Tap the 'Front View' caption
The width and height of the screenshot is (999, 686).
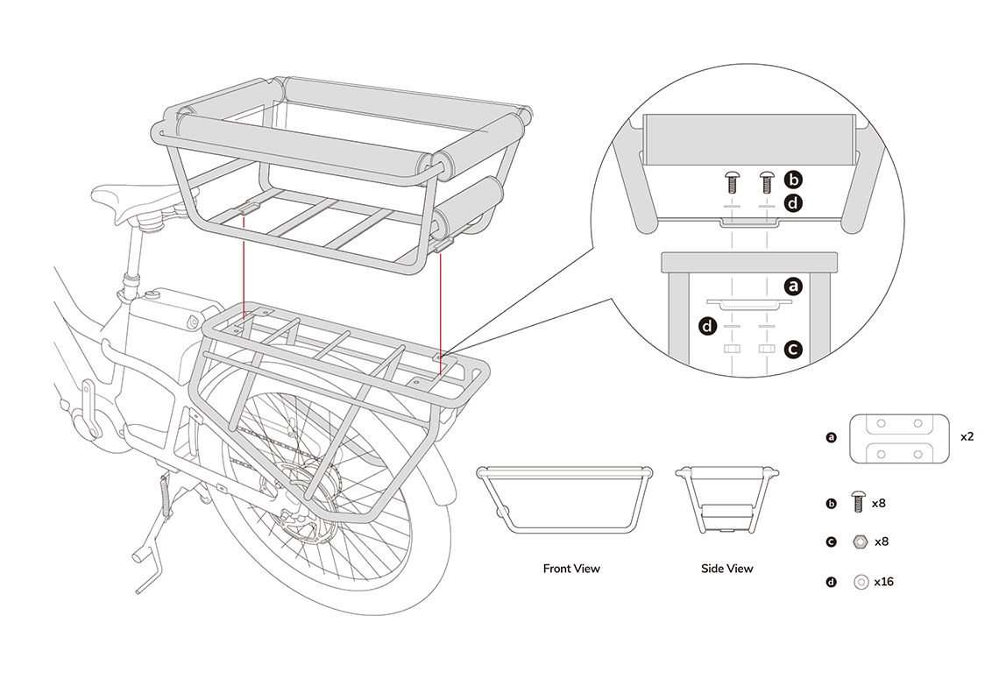coord(570,569)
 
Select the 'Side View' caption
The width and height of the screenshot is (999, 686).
coord(726,569)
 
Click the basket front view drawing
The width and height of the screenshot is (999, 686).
coord(563,498)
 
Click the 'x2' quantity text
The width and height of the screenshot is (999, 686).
coord(967,435)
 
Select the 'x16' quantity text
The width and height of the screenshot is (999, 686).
coord(885,581)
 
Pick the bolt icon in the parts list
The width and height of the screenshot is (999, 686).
coord(858,504)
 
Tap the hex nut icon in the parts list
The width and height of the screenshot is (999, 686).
coord(860,541)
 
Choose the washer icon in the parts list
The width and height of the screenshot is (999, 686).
coord(860,581)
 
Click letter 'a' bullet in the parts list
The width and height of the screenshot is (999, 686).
coord(831,435)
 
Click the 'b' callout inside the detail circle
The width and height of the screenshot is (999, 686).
coord(793,180)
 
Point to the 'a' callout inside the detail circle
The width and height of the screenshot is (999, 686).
coord(793,286)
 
